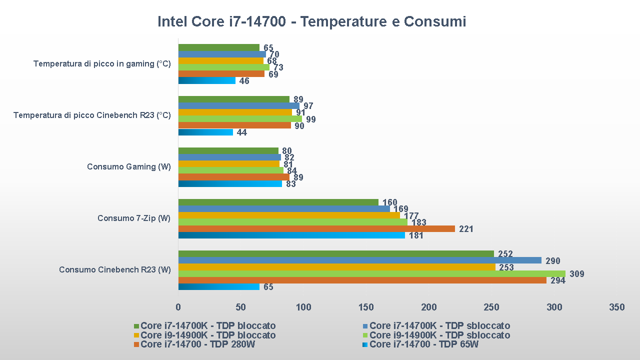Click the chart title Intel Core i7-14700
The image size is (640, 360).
[311, 22]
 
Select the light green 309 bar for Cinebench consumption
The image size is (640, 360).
[371, 273]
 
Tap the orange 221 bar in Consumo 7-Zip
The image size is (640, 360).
[316, 228]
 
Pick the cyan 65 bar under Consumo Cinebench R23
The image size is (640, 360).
[218, 287]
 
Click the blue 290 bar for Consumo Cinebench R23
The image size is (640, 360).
[359, 260]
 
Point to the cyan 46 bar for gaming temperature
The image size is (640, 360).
[206, 80]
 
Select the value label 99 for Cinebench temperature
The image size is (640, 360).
[310, 119]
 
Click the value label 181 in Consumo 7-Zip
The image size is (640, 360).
[416, 235]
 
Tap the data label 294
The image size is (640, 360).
[557, 280]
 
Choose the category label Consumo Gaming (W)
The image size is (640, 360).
[128, 166]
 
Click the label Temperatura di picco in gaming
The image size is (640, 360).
[102, 64]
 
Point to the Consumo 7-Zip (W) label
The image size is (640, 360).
[134, 218]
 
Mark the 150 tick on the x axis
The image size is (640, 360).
[366, 307]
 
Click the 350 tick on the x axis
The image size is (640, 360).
[616, 307]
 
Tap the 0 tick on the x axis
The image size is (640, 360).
[178, 307]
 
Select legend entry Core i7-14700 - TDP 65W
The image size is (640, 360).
[423, 344]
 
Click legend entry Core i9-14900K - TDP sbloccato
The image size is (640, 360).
[439, 335]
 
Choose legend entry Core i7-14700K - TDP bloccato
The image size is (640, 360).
[208, 326]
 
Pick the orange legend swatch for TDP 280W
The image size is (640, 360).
[136, 344]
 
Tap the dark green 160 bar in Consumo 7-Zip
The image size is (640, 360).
[278, 202]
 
